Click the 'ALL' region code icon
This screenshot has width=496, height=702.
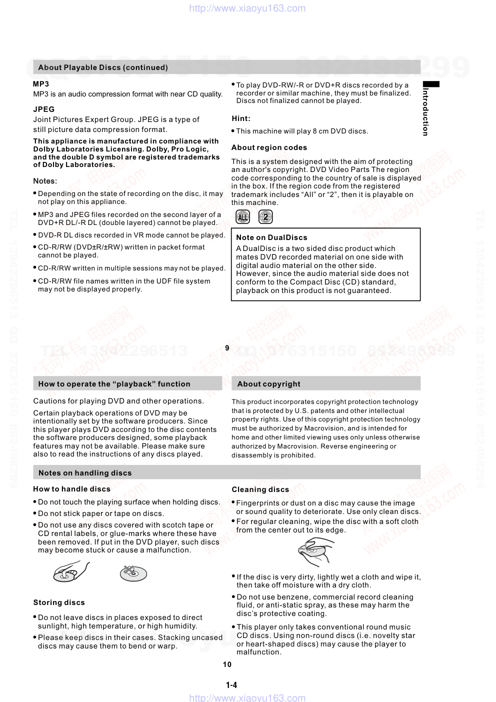click(242, 217)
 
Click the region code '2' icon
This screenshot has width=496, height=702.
click(265, 217)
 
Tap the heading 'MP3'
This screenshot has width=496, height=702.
click(41, 84)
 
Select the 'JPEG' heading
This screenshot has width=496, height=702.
click(44, 109)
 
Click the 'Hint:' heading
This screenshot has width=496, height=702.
click(241, 118)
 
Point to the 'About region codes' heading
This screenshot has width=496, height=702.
click(269, 147)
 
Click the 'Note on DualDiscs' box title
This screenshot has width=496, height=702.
click(271, 237)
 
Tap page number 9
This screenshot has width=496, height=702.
click(227, 348)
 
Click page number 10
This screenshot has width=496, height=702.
click(227, 664)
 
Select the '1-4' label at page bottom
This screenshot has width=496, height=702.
click(231, 685)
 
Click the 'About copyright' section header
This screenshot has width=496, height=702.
click(269, 384)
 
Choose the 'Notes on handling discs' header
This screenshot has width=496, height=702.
click(85, 473)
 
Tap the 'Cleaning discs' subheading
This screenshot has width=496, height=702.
click(260, 489)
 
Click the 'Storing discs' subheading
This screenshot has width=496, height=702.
click(59, 602)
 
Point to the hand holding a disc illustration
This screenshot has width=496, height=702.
click(70, 571)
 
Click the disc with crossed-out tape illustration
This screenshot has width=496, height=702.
click(133, 573)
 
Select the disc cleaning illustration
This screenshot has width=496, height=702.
click(314, 551)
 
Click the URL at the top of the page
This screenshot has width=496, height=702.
click(247, 8)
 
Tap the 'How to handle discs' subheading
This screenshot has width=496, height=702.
click(71, 489)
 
